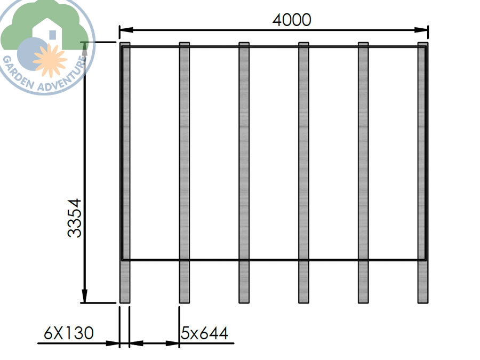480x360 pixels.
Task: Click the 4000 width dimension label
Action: tap(291, 20)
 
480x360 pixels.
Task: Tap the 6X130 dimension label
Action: tap(68, 333)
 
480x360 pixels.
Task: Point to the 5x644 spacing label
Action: tap(205, 333)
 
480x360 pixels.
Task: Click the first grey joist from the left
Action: tap(125, 160)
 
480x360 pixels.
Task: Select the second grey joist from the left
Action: tap(184, 160)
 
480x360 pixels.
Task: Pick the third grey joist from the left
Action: tap(244, 160)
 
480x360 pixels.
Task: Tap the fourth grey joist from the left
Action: tap(303, 160)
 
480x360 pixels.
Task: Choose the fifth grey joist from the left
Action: tap(363, 160)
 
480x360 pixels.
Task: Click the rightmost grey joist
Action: tap(422, 160)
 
